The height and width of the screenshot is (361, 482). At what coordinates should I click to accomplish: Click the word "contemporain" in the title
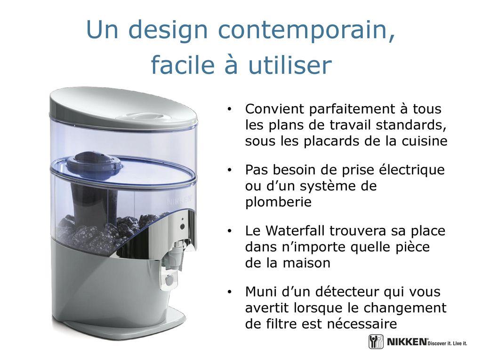[x=306, y=30]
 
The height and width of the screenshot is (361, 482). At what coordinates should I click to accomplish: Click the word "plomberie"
[x=278, y=202]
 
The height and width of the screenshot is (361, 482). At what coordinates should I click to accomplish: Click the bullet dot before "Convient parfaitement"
[x=229, y=109]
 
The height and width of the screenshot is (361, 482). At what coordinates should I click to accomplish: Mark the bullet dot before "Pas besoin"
[x=229, y=170]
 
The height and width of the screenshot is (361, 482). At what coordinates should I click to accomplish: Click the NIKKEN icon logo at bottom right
[x=376, y=342]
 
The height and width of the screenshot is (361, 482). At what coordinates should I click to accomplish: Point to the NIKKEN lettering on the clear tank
[x=179, y=201]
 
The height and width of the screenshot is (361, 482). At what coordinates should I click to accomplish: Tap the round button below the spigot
[x=169, y=280]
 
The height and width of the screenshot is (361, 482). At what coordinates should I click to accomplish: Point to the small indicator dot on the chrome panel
[x=183, y=220]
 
